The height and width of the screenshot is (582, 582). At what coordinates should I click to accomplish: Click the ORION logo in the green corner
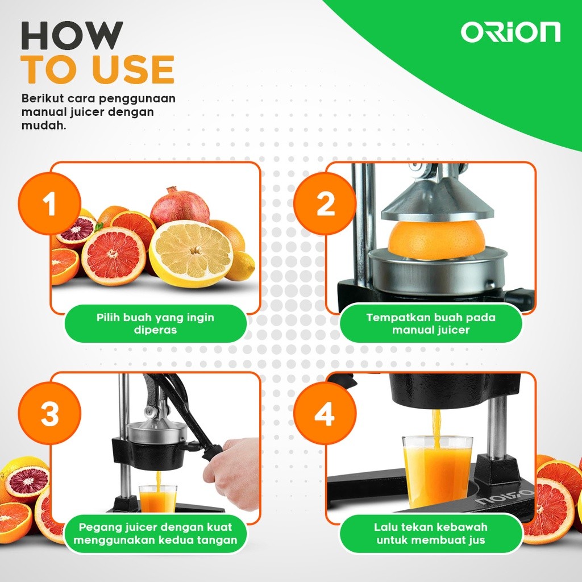pyautogui.click(x=511, y=32)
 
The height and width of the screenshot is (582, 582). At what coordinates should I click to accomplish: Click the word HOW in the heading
pyautogui.click(x=72, y=35)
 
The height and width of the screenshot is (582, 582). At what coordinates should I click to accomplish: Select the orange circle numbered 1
pyautogui.click(x=49, y=203)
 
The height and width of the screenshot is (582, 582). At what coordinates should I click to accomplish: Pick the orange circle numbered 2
pyautogui.click(x=325, y=203)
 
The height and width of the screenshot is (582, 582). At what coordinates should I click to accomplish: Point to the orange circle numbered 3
pyautogui.click(x=49, y=414)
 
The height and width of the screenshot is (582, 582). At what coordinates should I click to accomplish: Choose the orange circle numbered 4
pyautogui.click(x=325, y=414)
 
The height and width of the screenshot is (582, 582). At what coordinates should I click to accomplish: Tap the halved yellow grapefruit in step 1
pyautogui.click(x=191, y=253)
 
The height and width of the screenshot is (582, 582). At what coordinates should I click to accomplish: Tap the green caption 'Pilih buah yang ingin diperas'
pyautogui.click(x=156, y=323)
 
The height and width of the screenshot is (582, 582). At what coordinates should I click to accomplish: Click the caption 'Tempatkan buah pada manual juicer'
pyautogui.click(x=431, y=323)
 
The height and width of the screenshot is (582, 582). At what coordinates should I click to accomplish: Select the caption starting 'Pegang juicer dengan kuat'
pyautogui.click(x=156, y=533)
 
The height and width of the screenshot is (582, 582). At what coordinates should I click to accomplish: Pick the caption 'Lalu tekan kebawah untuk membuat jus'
pyautogui.click(x=431, y=533)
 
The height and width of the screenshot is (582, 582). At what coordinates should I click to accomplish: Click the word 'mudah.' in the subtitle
pyautogui.click(x=44, y=126)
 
